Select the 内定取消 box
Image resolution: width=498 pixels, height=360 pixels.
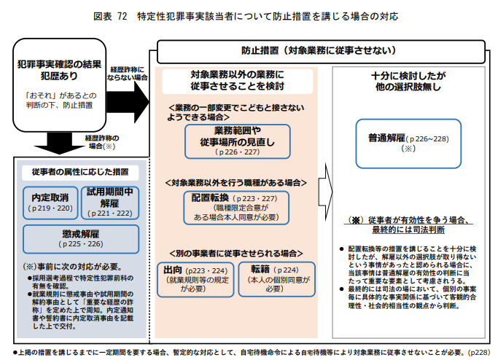(50, 202)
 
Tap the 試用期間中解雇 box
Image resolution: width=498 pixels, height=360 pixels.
(109, 202)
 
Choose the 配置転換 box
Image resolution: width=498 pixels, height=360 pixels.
(231, 207)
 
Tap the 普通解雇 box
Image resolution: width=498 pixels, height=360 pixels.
(408, 139)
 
